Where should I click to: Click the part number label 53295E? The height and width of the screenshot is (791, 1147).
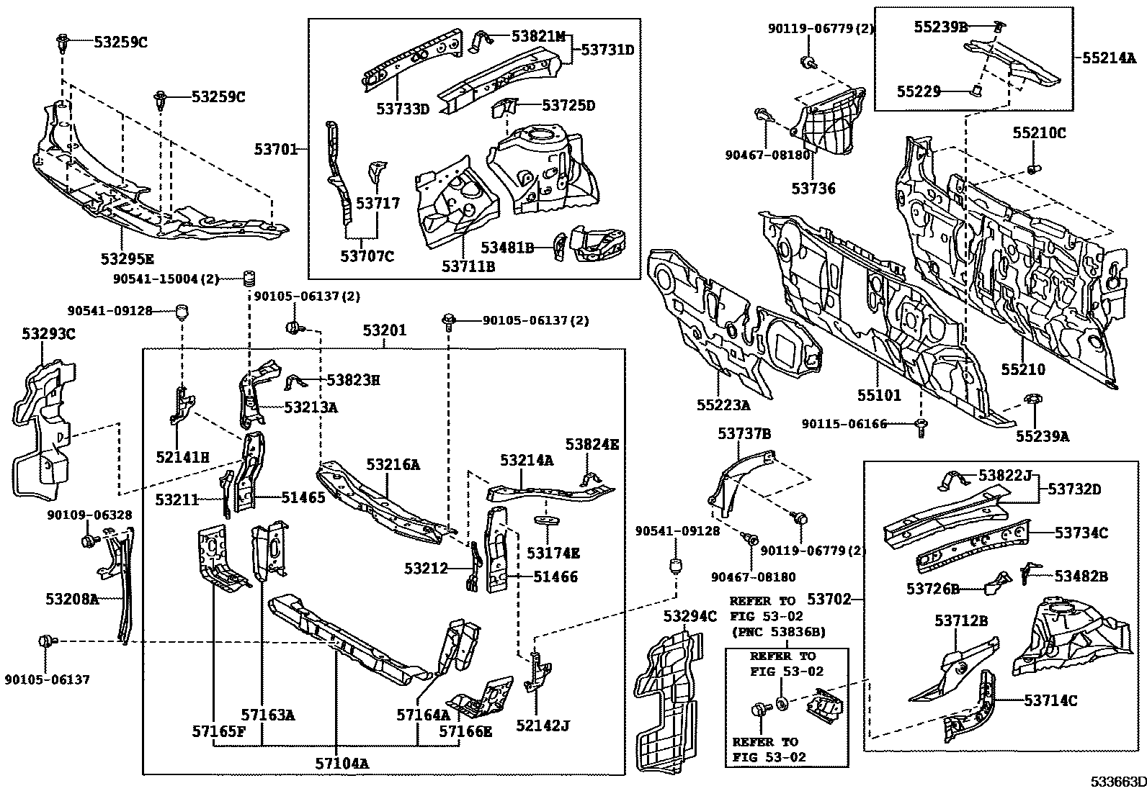click(x=127, y=258)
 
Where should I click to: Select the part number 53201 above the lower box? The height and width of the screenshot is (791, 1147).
click(x=384, y=331)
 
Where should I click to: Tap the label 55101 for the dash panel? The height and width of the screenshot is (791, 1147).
click(x=879, y=395)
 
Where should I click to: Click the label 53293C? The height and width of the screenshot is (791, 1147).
click(x=48, y=334)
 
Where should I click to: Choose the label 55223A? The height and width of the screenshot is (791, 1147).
click(x=723, y=405)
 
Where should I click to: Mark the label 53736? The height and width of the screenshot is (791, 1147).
click(x=813, y=189)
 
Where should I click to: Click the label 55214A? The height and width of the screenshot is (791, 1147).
click(x=1108, y=58)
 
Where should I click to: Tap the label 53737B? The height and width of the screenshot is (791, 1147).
click(x=744, y=433)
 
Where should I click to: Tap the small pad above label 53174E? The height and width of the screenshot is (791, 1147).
click(x=548, y=520)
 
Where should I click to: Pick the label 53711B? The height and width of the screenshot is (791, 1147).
click(x=468, y=266)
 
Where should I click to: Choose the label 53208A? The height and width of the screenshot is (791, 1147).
click(x=72, y=598)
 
